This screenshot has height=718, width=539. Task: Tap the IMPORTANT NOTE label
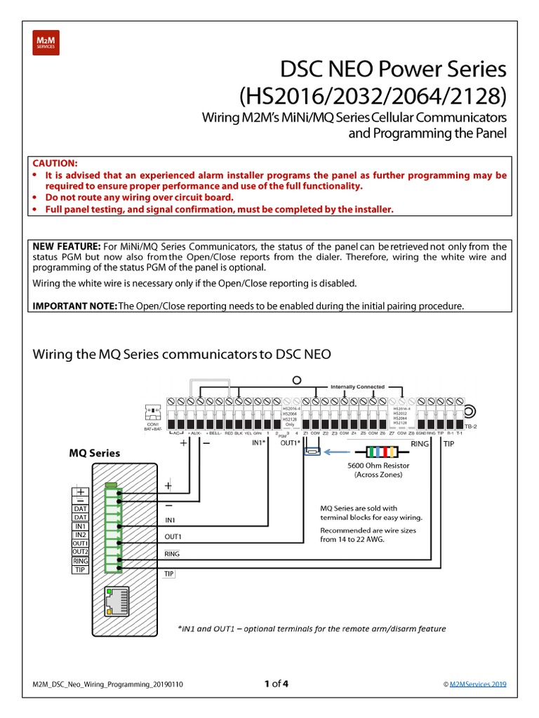click(75, 306)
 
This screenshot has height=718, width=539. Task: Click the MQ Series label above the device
click(94, 453)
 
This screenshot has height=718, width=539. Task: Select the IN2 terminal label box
click(81, 534)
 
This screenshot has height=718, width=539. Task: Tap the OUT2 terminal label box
click(81, 552)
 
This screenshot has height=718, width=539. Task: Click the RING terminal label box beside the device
click(81, 561)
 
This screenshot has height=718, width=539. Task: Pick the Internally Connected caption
click(357, 386)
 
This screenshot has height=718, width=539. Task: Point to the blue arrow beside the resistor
click(312, 452)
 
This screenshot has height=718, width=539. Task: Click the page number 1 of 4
click(276, 684)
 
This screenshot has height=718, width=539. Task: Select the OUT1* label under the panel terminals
click(289, 443)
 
